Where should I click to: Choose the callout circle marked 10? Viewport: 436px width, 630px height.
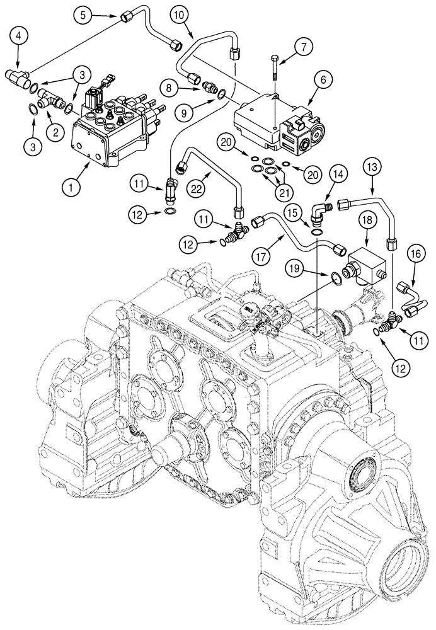pos(179,14)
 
